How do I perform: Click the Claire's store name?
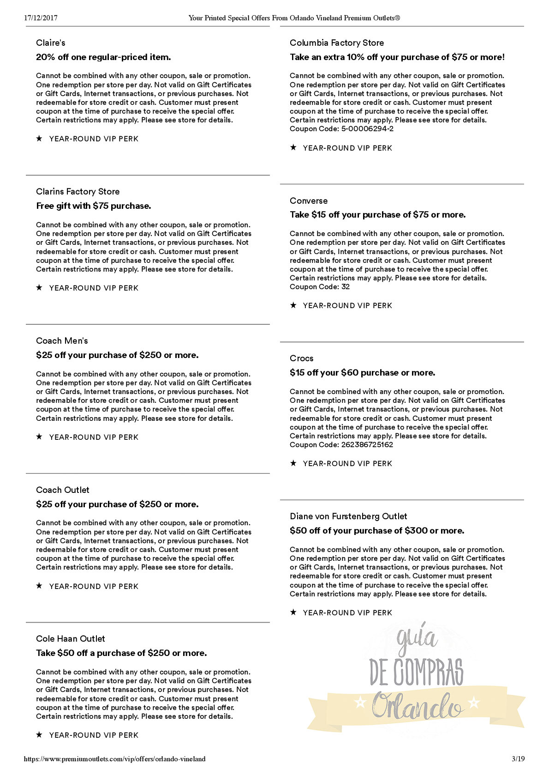coord(51,43)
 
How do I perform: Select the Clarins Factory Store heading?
coord(78,192)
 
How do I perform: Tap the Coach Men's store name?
coord(62,341)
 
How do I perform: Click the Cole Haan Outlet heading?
coord(71,639)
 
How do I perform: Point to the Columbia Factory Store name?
coord(337,43)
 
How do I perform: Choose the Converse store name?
coord(309,201)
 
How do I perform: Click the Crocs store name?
coord(301,358)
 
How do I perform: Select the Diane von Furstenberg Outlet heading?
coord(348,516)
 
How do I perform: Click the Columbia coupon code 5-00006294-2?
coord(367,129)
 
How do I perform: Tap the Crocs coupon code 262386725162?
coord(367,445)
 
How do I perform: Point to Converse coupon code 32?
coord(346,287)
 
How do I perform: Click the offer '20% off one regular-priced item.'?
coord(103,57)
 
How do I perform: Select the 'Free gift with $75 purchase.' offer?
coord(94,206)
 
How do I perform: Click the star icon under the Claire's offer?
coord(39,139)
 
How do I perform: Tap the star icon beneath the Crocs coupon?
coord(293,463)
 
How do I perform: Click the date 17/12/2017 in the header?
coord(41,18)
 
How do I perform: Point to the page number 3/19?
coord(518,759)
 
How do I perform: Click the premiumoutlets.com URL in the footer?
coord(114,759)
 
